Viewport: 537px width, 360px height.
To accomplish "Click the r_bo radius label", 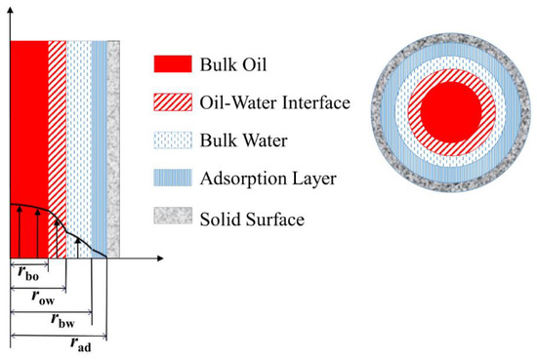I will point(29,271).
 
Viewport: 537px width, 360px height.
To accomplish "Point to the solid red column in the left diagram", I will point(28,117).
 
